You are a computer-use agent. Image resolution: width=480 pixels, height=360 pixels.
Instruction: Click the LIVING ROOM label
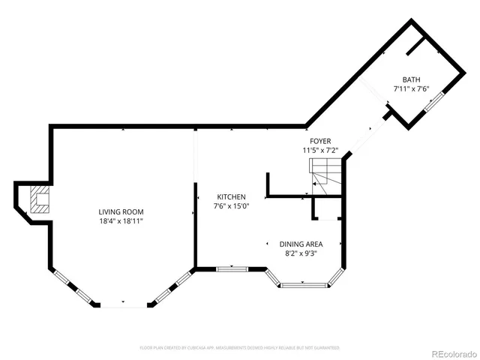(121, 211)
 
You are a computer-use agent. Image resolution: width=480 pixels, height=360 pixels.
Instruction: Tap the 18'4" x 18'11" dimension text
(121, 221)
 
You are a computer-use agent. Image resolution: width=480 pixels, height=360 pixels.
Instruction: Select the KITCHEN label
(231, 196)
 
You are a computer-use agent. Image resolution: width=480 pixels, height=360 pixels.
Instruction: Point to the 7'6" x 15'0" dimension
(231, 206)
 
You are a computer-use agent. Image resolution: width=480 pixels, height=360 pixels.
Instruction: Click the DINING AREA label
(301, 244)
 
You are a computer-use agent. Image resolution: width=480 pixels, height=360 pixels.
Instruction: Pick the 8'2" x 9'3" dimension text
(301, 253)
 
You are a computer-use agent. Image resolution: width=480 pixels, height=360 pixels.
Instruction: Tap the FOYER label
(320, 141)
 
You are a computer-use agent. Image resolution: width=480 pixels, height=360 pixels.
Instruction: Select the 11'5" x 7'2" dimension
(320, 151)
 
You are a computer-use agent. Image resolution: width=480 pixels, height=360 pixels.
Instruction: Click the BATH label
(411, 79)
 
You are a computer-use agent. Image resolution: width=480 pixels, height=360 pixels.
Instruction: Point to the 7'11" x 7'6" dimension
(411, 89)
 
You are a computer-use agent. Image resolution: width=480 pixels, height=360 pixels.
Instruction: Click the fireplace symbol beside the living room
(37, 201)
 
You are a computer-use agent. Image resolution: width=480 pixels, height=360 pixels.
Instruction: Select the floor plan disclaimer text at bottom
(240, 348)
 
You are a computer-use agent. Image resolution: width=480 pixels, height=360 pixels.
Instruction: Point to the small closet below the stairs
(328, 209)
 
